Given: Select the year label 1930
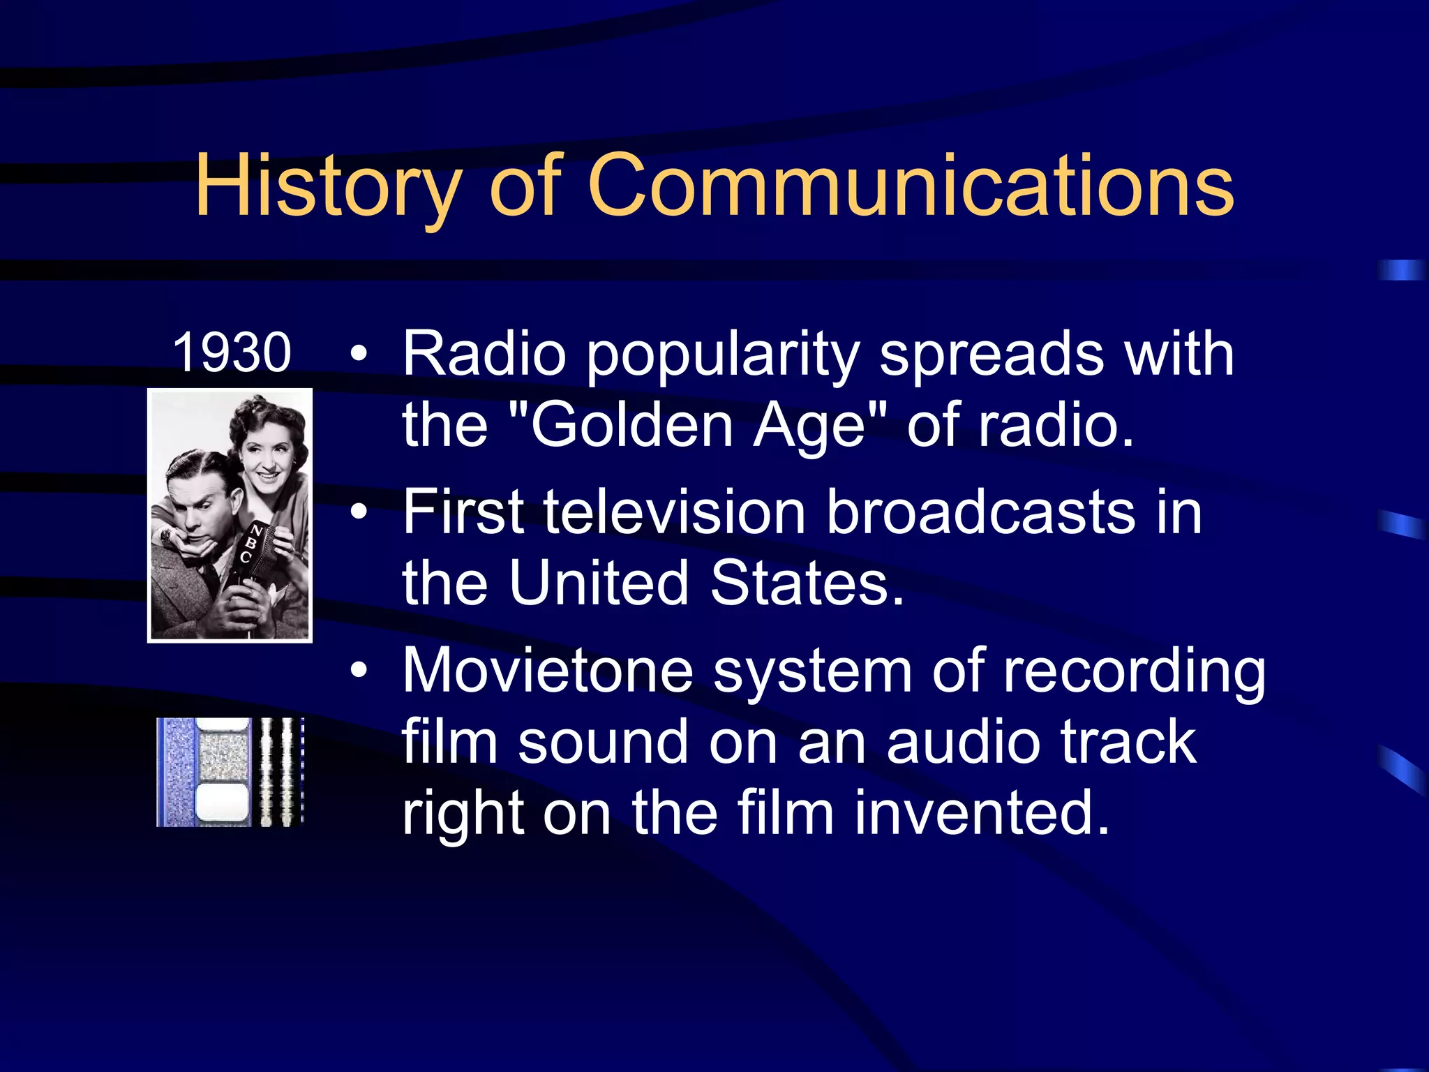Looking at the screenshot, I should [232, 353].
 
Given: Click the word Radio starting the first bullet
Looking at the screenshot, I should [484, 355].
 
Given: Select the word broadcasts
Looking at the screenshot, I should [980, 513].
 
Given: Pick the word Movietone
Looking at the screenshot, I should [548, 671].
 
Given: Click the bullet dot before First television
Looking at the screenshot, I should [359, 514].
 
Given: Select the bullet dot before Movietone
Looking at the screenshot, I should [359, 671].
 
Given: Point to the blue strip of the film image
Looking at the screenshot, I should [174, 772].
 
